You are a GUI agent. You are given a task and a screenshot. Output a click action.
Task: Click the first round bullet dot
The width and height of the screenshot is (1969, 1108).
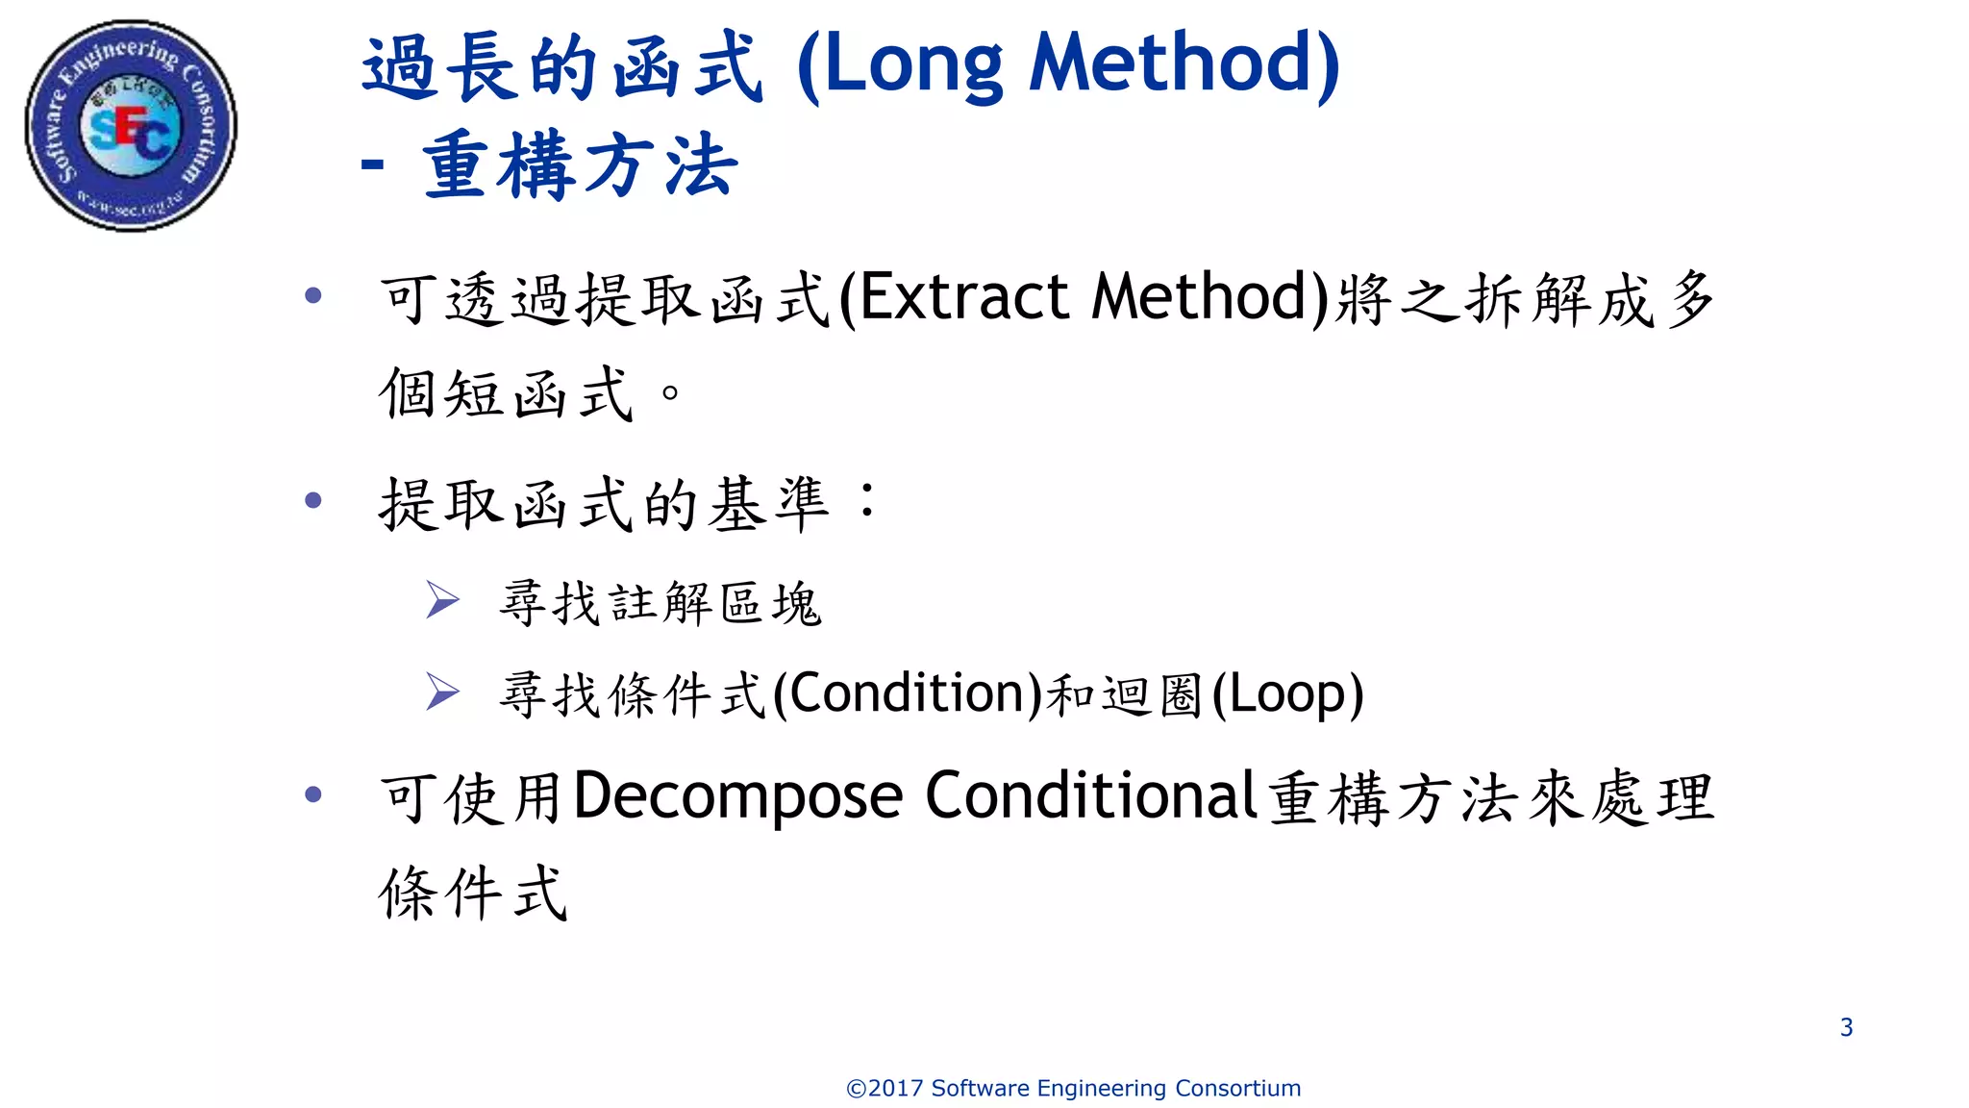click(x=312, y=295)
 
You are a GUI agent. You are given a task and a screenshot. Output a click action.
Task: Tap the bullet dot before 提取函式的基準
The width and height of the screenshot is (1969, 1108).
click(x=312, y=500)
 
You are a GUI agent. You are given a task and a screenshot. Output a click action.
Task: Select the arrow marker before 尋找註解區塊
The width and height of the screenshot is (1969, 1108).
click(x=442, y=600)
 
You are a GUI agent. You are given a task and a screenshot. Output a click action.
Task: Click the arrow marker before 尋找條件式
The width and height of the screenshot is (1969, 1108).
click(x=442, y=692)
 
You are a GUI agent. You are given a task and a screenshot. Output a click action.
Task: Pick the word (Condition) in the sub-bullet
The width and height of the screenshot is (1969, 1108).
click(x=908, y=693)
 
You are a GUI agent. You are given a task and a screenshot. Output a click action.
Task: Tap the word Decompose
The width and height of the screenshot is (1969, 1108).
click(x=738, y=796)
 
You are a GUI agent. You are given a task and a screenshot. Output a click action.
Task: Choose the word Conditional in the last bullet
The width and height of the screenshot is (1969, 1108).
click(x=1091, y=796)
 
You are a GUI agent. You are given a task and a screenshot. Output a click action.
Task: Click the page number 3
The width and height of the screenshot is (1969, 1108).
click(x=1846, y=1027)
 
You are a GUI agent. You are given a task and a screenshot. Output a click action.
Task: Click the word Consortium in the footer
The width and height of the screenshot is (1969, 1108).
click(x=1237, y=1089)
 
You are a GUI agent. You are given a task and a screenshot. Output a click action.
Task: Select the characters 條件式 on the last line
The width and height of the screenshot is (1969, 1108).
click(x=473, y=893)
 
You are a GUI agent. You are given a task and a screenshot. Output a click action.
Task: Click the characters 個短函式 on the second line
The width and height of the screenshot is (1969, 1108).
click(x=506, y=393)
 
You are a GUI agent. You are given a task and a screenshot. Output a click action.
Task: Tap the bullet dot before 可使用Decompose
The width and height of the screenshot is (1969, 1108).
click(x=312, y=794)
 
